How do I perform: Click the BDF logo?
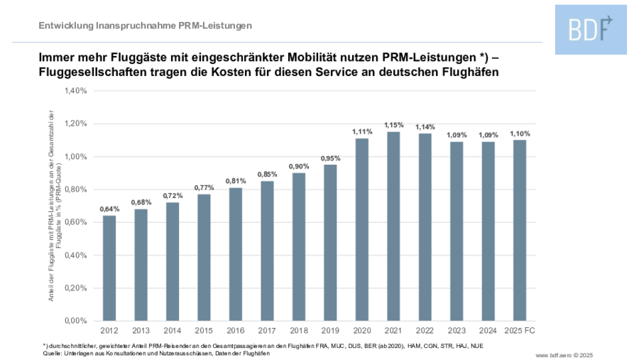tap(591, 28)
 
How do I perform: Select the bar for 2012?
tap(109, 268)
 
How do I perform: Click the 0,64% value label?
tap(109, 209)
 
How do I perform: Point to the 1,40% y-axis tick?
tap(75, 91)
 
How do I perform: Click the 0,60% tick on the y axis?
tap(75, 222)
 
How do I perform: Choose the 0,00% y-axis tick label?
tap(75, 321)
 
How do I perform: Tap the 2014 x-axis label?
tap(173, 331)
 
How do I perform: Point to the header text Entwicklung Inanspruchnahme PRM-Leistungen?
tap(146, 26)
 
